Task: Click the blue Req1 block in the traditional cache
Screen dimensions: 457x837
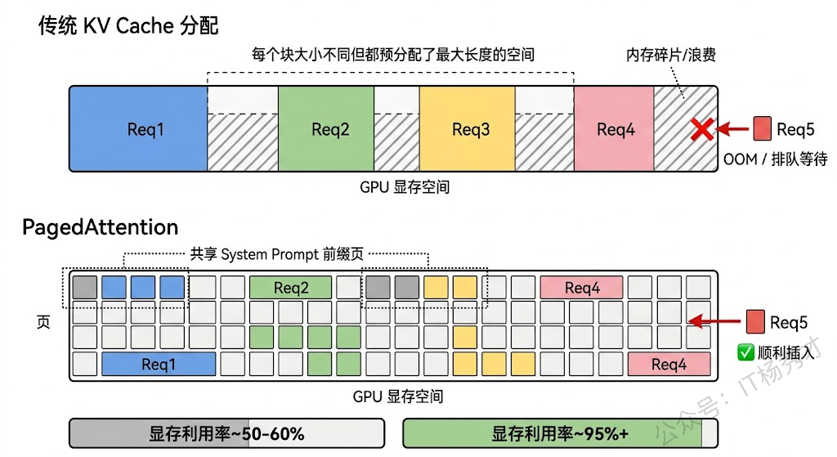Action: (137, 128)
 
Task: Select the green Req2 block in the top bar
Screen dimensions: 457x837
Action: (326, 128)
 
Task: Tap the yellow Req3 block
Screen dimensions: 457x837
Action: (467, 128)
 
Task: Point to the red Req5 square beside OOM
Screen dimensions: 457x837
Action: (762, 128)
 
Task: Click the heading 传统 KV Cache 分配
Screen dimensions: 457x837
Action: (128, 25)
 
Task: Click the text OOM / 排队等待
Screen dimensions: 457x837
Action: (776, 159)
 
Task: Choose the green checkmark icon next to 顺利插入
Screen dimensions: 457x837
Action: (745, 352)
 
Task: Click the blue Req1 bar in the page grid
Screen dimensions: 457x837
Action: (159, 365)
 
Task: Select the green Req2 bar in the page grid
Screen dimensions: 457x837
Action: (290, 288)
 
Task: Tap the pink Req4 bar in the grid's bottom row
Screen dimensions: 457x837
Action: (669, 365)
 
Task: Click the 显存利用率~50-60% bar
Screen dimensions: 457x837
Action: (226, 433)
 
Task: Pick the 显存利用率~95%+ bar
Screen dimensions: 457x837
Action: (560, 433)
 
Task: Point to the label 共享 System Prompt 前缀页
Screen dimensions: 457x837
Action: (276, 254)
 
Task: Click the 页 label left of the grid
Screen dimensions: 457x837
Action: (43, 322)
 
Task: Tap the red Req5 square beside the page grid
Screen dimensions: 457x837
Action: (754, 322)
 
